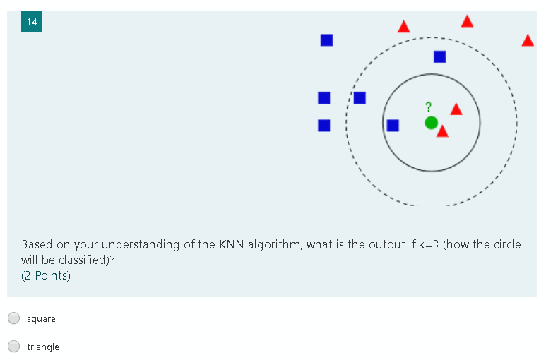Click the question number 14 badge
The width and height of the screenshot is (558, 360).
(32, 22)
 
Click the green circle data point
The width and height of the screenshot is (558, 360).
(432, 123)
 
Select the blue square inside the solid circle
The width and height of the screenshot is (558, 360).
(393, 125)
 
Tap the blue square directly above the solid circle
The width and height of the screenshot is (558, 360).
(439, 56)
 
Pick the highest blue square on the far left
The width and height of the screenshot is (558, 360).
(326, 40)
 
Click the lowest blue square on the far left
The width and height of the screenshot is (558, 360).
(324, 125)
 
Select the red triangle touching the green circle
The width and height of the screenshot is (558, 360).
(443, 131)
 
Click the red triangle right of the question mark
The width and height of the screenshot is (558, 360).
(456, 109)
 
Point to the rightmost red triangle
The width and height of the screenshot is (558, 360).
(528, 40)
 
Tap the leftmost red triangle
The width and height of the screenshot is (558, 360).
(403, 27)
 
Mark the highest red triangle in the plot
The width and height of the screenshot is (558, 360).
(467, 21)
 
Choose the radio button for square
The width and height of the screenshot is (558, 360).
(14, 318)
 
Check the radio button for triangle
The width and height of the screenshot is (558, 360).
(14, 347)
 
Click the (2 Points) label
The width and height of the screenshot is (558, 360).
(46, 275)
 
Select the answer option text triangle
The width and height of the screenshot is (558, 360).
(43, 347)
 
